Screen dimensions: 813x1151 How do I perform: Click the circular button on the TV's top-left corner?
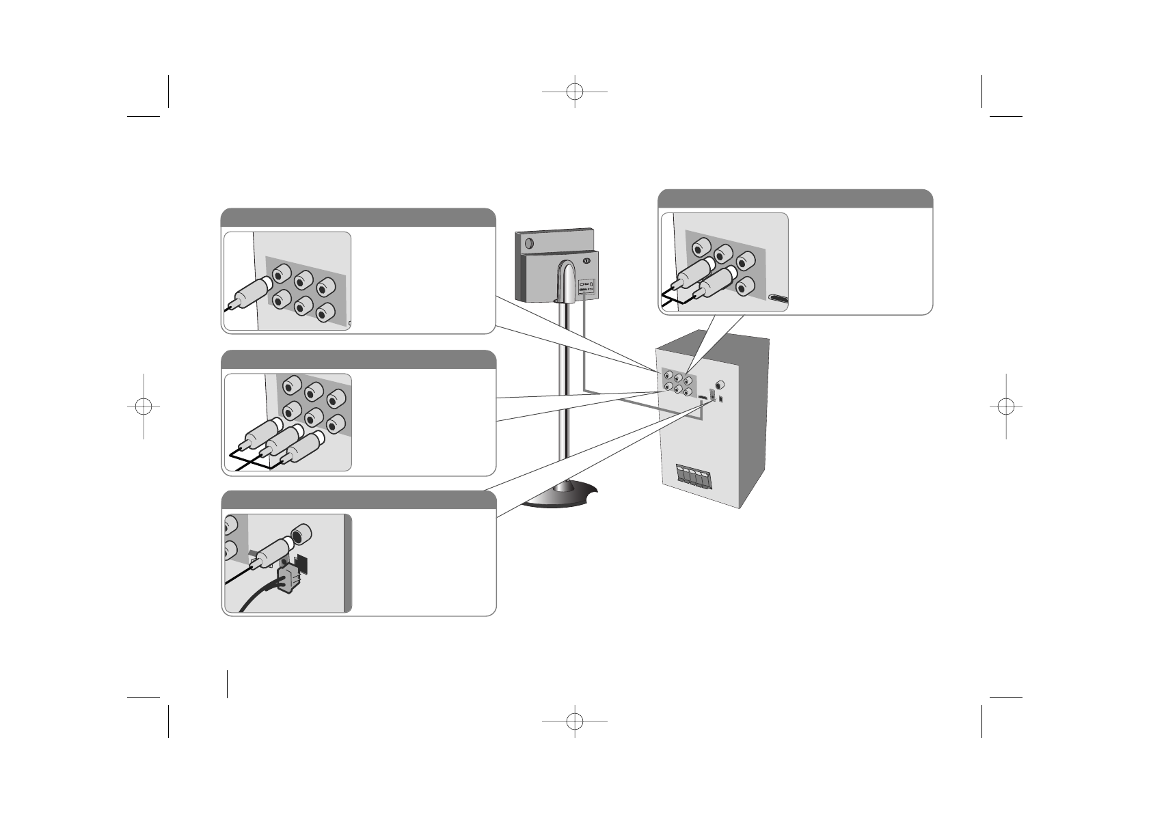click(x=528, y=241)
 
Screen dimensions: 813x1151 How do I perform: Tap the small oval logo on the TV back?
click(x=586, y=260)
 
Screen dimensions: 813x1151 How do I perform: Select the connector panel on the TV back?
click(x=587, y=288)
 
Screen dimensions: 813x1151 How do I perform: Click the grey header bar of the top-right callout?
click(x=795, y=199)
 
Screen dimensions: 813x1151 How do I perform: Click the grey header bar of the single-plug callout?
click(x=357, y=217)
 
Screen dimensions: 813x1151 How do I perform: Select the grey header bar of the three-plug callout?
click(x=358, y=359)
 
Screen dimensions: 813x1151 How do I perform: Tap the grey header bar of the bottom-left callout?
click(x=358, y=500)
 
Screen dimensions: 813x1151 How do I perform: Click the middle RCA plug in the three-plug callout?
click(x=279, y=441)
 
